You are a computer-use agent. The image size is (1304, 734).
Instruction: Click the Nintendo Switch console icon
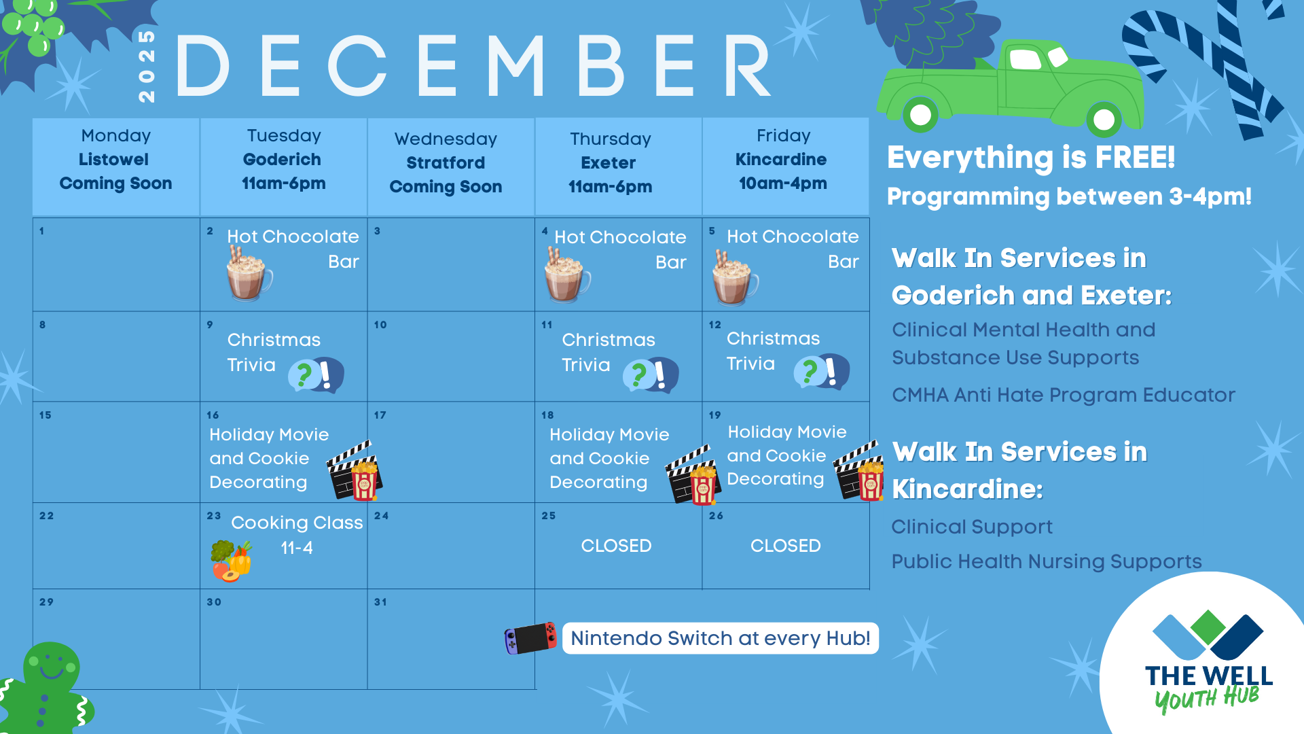530,638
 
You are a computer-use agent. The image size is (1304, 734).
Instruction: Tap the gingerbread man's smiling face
51,666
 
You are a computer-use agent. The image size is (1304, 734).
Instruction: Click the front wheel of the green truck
920,114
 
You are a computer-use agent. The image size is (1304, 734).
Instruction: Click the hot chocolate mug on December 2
249,274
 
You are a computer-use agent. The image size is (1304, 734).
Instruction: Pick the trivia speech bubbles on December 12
822,372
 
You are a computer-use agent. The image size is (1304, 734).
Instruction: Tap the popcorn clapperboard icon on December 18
692,476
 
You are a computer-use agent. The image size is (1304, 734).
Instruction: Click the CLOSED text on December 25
616,546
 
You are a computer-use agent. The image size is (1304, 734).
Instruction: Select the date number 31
380,602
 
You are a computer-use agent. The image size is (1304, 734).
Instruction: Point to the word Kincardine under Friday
781,160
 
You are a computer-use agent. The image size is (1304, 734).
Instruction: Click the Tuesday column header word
284,136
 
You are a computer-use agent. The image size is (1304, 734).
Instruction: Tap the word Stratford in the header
446,163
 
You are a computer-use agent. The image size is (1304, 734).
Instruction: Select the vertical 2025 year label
147,66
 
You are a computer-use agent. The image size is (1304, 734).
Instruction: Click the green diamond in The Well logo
1208,627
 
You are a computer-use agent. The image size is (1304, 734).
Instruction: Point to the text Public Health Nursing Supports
1047,562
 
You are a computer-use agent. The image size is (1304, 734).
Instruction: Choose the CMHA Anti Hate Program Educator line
1064,396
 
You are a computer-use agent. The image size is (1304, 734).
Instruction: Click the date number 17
380,415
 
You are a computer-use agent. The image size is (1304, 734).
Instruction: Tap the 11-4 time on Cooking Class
297,548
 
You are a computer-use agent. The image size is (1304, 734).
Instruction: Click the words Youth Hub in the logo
1207,699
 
